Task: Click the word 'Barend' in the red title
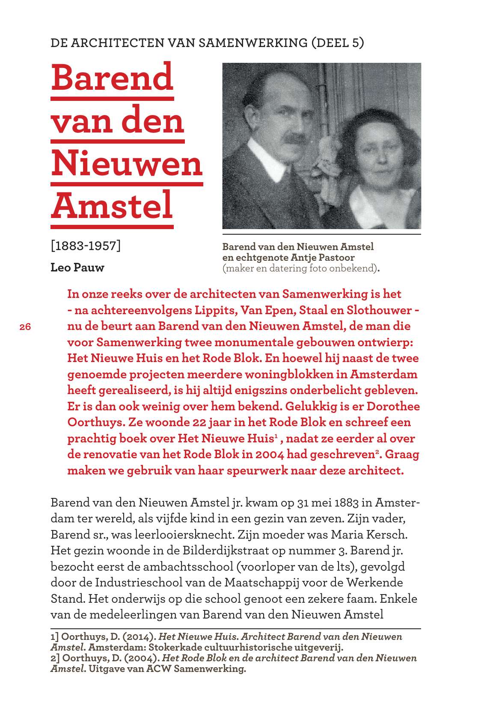[x=112, y=77]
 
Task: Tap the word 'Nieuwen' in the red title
[x=127, y=163]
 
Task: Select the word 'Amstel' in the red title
[x=112, y=205]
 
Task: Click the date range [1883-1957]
[x=86, y=246]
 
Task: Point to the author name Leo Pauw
[x=77, y=268]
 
